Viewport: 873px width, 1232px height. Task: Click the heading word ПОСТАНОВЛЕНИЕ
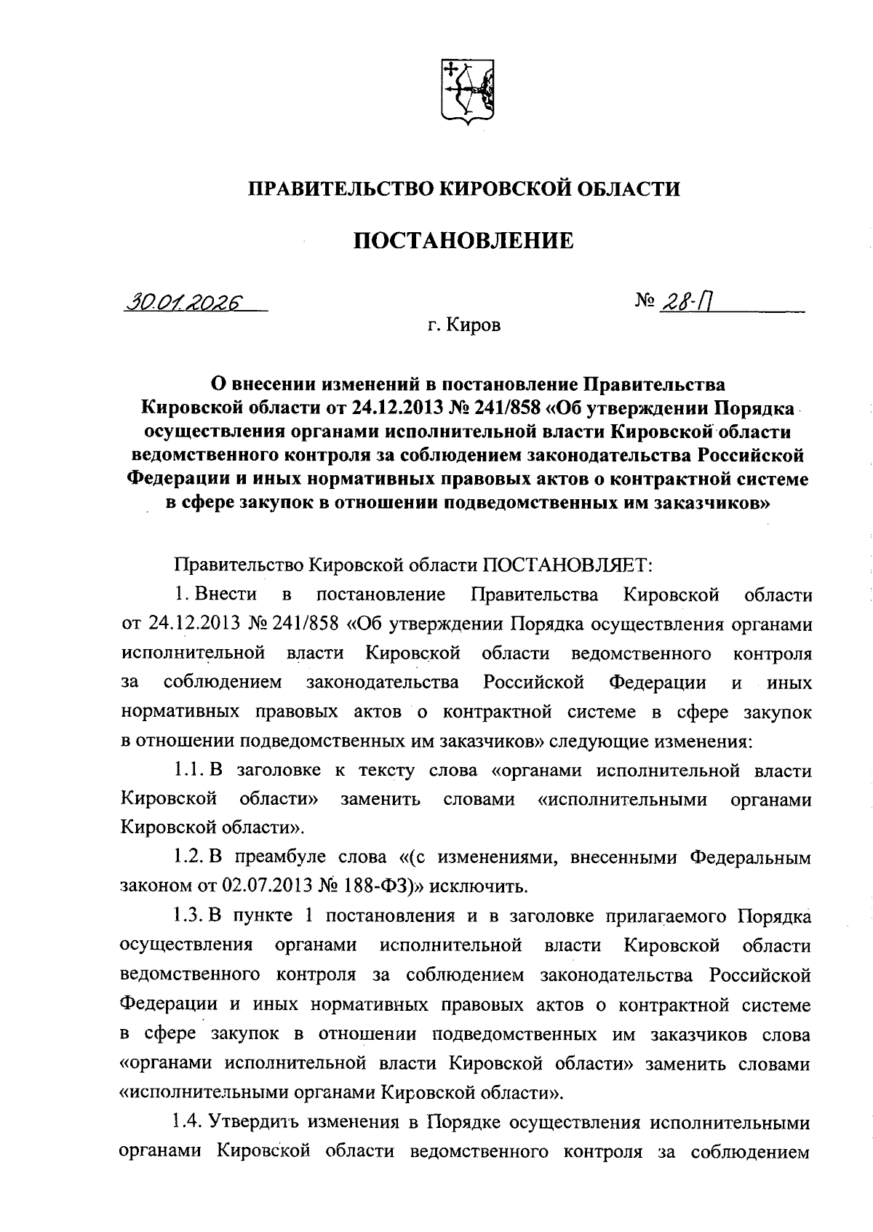(x=463, y=240)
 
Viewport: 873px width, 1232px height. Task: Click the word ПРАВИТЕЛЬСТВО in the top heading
(x=342, y=189)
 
